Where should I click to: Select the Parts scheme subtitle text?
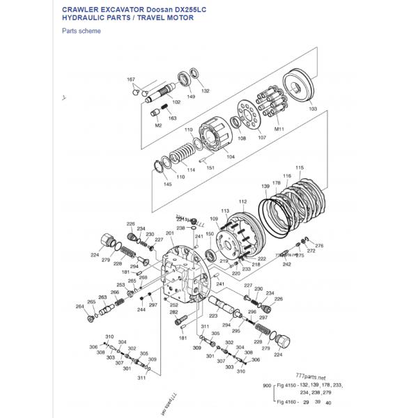point(82,31)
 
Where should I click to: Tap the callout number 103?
point(312,109)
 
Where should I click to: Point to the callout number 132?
point(205,91)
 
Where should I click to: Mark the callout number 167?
point(130,79)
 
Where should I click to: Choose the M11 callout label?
point(279,130)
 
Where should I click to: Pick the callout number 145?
point(167,184)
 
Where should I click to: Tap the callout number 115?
point(300,167)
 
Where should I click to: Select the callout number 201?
point(169,233)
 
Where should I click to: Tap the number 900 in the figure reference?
point(266,385)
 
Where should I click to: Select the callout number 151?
point(210,168)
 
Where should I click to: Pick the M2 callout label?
point(158,125)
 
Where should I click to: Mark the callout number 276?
point(319,245)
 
